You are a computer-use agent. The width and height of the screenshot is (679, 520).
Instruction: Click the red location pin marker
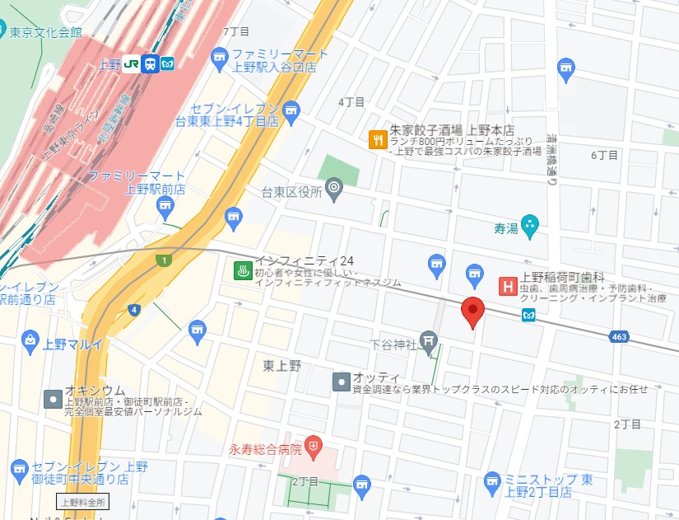(x=472, y=312)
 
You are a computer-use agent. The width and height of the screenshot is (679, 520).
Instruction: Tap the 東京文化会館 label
(x=46, y=32)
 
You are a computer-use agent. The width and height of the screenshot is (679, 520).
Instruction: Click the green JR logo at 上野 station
(x=131, y=64)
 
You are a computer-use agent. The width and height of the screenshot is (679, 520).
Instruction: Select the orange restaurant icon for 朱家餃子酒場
(x=377, y=139)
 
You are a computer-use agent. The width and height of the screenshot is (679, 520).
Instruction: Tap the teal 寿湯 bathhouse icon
(x=531, y=223)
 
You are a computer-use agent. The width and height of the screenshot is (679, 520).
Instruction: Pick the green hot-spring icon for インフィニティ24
(x=242, y=270)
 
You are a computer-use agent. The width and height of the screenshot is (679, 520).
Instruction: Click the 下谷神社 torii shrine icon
(x=428, y=339)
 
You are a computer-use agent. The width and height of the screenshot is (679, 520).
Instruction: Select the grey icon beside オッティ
(x=341, y=382)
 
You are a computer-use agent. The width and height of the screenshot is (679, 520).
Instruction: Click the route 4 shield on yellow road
(x=134, y=310)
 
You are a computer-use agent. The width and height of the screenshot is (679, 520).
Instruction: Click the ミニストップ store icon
(x=492, y=480)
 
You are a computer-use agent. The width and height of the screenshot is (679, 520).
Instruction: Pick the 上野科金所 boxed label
(x=81, y=501)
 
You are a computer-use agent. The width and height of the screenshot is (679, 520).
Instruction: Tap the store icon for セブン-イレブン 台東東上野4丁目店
(x=290, y=112)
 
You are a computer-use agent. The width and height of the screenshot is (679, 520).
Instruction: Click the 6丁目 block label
(x=604, y=155)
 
